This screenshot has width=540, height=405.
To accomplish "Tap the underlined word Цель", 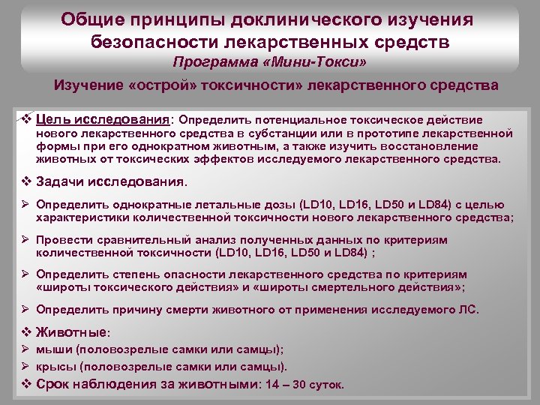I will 52,119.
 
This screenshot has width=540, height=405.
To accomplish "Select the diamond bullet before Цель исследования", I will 25,119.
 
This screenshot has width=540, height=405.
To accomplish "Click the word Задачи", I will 64,181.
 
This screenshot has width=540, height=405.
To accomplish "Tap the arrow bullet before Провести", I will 25,239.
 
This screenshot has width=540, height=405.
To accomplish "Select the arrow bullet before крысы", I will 25,367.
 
